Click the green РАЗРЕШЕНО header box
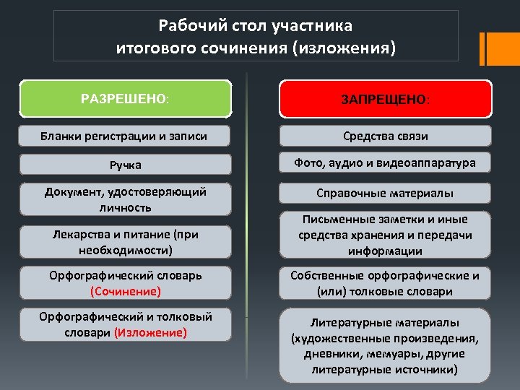126,98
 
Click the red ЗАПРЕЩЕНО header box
386,98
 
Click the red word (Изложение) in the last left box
150,332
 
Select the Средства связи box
386,136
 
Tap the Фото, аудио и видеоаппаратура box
386,163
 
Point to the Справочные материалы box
386,193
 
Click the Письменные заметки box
386,235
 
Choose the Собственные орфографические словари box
386,283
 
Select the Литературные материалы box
386,345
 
